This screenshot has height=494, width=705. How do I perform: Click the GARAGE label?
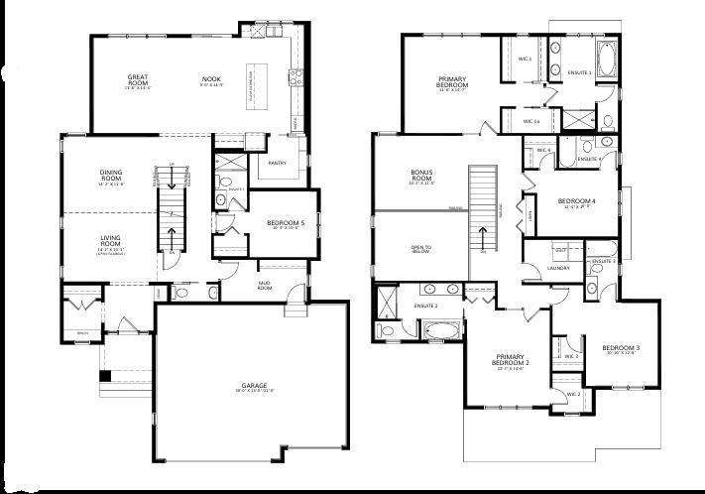coord(253,385)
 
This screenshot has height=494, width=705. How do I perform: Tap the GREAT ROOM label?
coord(138,79)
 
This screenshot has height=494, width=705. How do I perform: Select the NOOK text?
coord(211,77)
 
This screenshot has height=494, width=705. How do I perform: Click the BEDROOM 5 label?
coord(286,223)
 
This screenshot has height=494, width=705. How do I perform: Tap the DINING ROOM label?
coord(110,176)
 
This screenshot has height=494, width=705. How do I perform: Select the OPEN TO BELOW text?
coord(422,249)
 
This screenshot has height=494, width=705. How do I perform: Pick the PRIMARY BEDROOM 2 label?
coord(513,362)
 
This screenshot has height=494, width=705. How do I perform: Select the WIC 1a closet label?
coord(530,122)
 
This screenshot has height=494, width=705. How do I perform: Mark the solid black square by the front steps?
coord(105,375)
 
